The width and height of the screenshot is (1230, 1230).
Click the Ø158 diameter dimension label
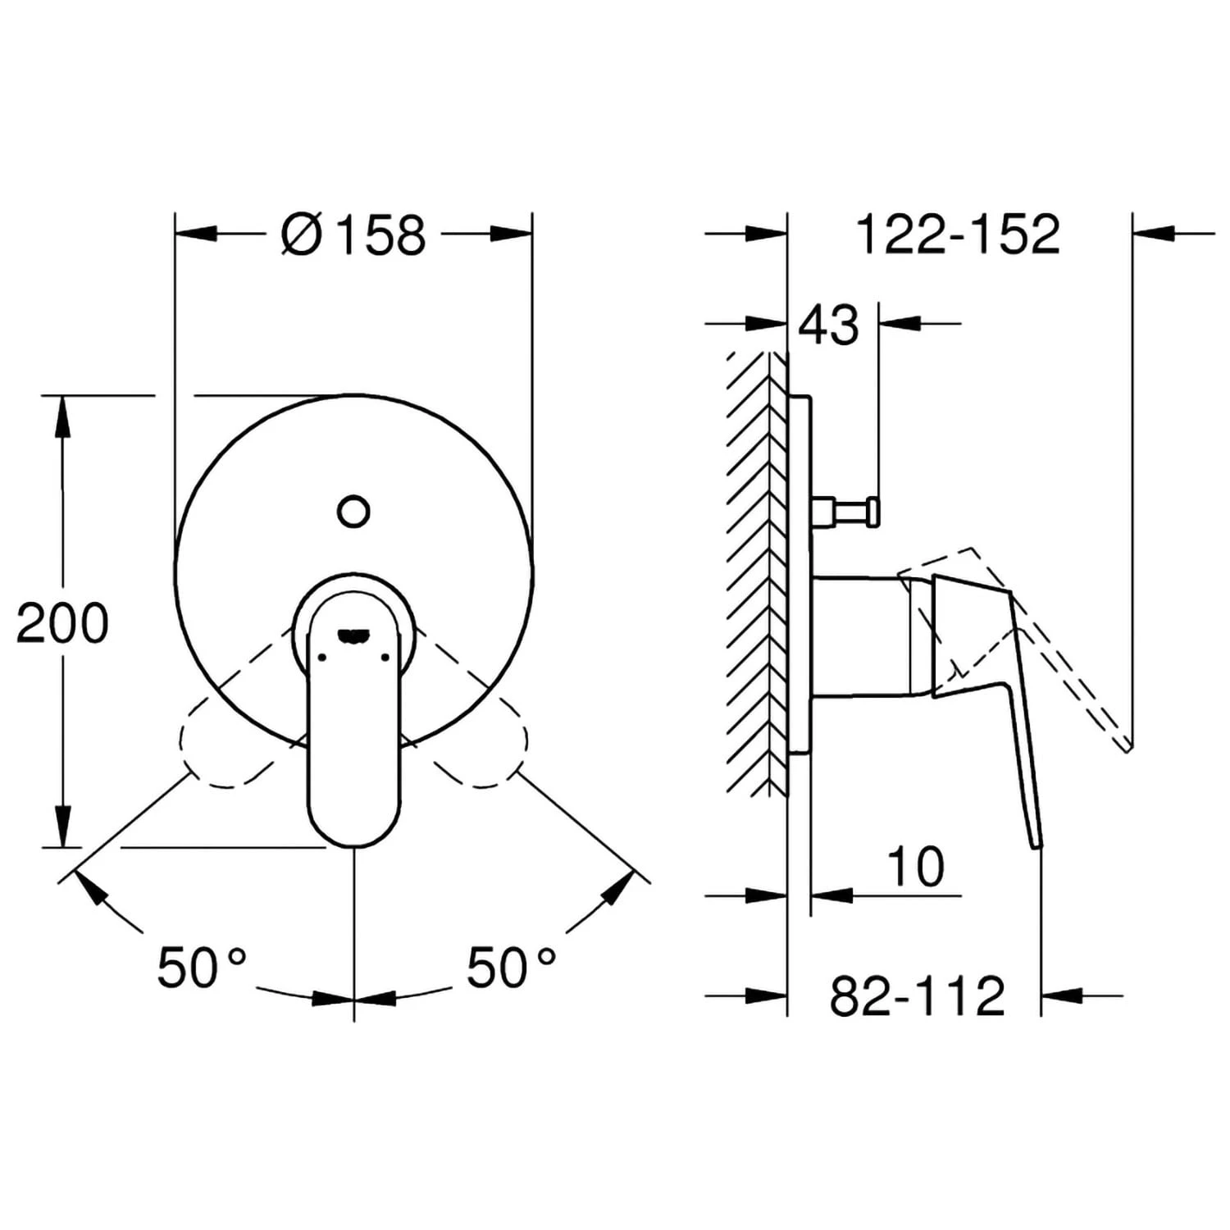[x=353, y=235]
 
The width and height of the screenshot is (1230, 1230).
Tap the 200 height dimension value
[x=62, y=623]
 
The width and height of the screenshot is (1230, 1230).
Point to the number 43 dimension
[x=829, y=325]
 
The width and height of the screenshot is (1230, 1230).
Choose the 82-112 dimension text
[x=918, y=995]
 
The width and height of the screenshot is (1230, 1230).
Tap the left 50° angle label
[x=202, y=967]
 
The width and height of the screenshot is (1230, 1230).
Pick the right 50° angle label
[x=512, y=967]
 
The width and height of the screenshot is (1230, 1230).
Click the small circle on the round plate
[x=353, y=511]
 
